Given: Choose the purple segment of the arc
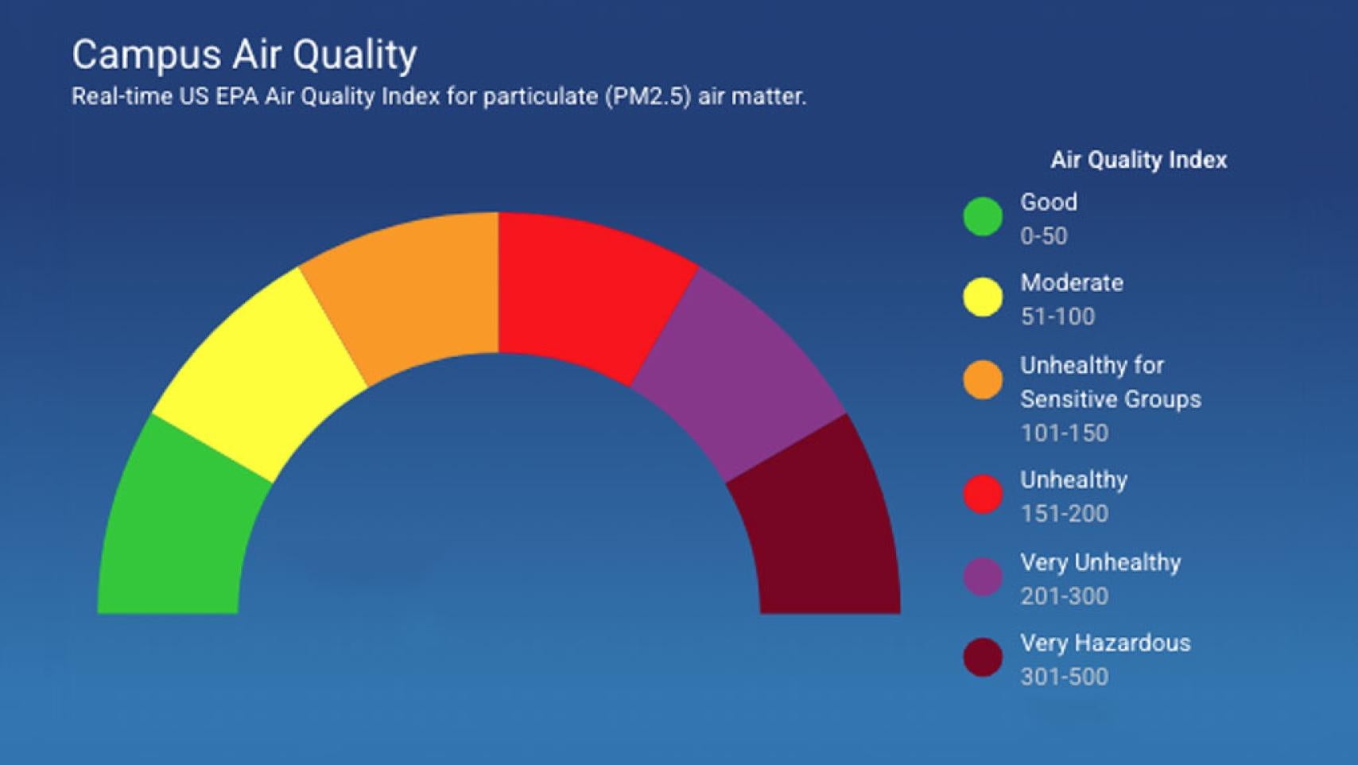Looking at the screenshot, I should tap(739, 374).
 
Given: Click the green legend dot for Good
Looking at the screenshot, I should tap(983, 217).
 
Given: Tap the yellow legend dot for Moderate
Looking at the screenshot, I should tap(983, 297).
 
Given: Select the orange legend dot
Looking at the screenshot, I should tap(983, 380).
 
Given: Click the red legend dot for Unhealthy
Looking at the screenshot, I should tap(983, 494).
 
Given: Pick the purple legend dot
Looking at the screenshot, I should tap(983, 577).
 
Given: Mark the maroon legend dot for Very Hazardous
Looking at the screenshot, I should tap(983, 658).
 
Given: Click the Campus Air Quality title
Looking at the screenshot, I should tap(244, 55).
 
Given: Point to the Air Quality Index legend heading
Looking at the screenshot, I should tap(1139, 160).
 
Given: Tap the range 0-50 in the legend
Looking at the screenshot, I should tap(1043, 236).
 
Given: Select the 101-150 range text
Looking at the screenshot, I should tap(1064, 433).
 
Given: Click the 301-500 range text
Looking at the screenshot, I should tap(1064, 677).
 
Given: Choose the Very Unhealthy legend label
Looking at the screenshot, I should tap(1100, 563).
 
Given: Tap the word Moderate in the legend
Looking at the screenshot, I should tap(1072, 282).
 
